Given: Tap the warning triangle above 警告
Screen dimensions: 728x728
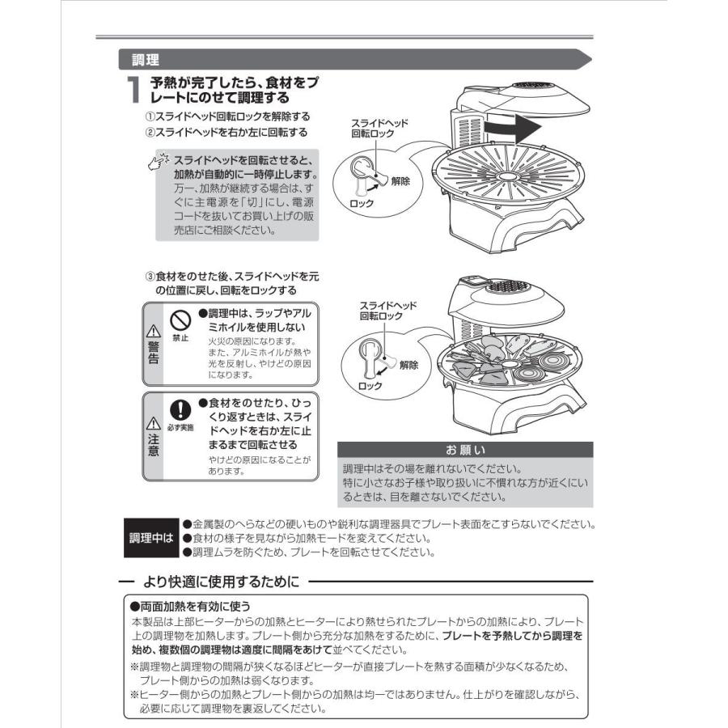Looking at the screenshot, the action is [152, 330].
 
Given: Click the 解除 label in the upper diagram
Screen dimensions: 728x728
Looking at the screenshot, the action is [400, 181].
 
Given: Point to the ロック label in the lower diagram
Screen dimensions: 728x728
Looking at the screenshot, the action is [370, 387].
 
